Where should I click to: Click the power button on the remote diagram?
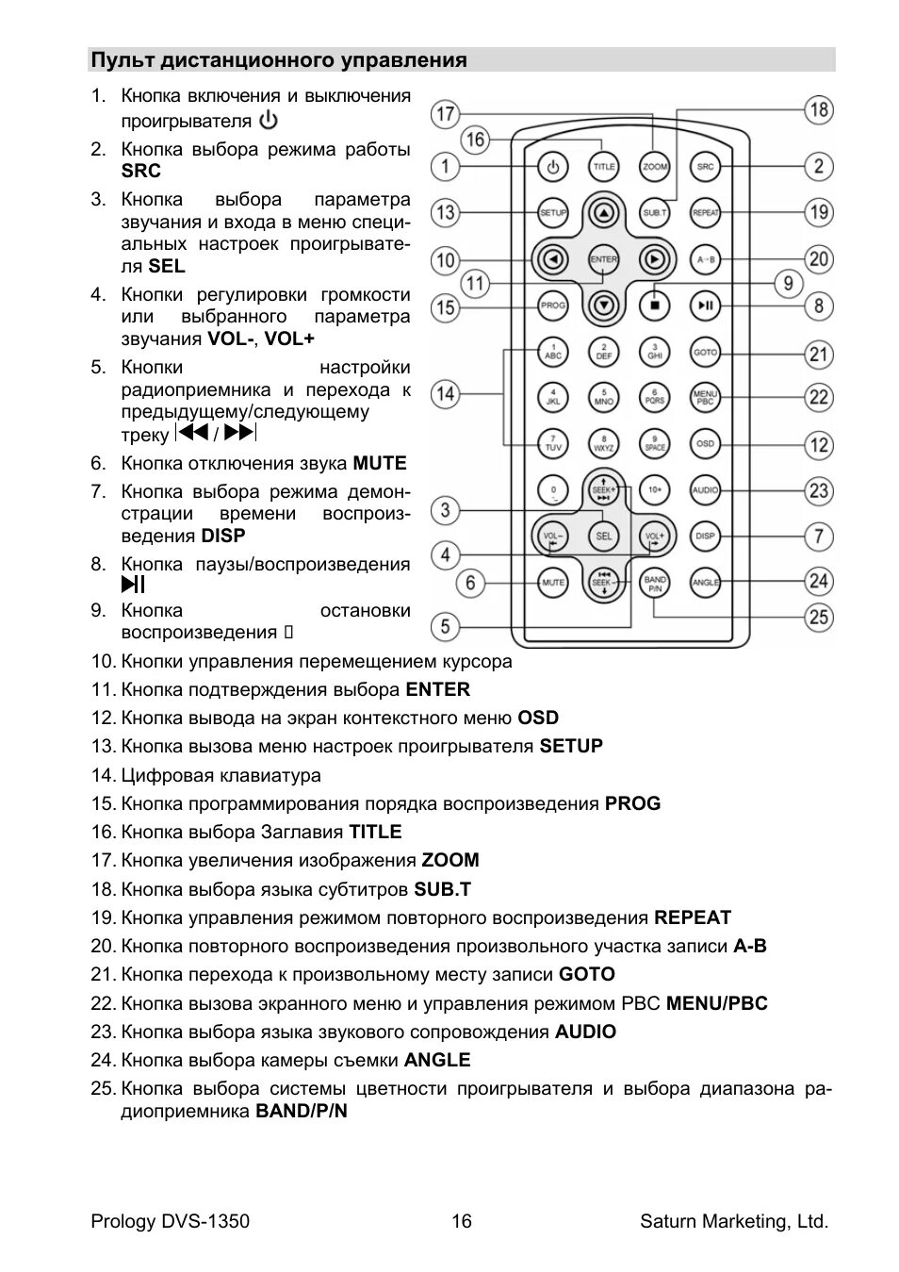pyautogui.click(x=552, y=167)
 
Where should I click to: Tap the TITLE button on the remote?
pyautogui.click(x=603, y=167)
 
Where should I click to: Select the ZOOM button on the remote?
pyautogui.click(x=654, y=167)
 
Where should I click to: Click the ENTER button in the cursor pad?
pyautogui.click(x=603, y=258)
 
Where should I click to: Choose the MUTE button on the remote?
pyautogui.click(x=552, y=582)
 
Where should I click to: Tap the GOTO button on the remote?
pyautogui.click(x=705, y=352)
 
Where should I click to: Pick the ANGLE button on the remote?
pyautogui.click(x=705, y=582)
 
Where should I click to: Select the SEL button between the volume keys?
pyautogui.click(x=603, y=536)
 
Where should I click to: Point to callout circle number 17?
pyautogui.click(x=445, y=115)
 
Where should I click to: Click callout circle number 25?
pyautogui.click(x=819, y=617)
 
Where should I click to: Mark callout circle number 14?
pyautogui.click(x=445, y=394)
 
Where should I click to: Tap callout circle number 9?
pyautogui.click(x=788, y=283)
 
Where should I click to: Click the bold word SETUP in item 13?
pyautogui.click(x=570, y=746)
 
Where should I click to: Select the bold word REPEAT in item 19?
pyautogui.click(x=693, y=917)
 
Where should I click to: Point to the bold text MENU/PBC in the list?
pyautogui.click(x=716, y=1003)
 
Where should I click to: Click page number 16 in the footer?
pyautogui.click(x=462, y=1221)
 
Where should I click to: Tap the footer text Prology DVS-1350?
pyautogui.click(x=171, y=1221)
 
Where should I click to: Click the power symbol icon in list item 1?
pyautogui.click(x=269, y=121)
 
